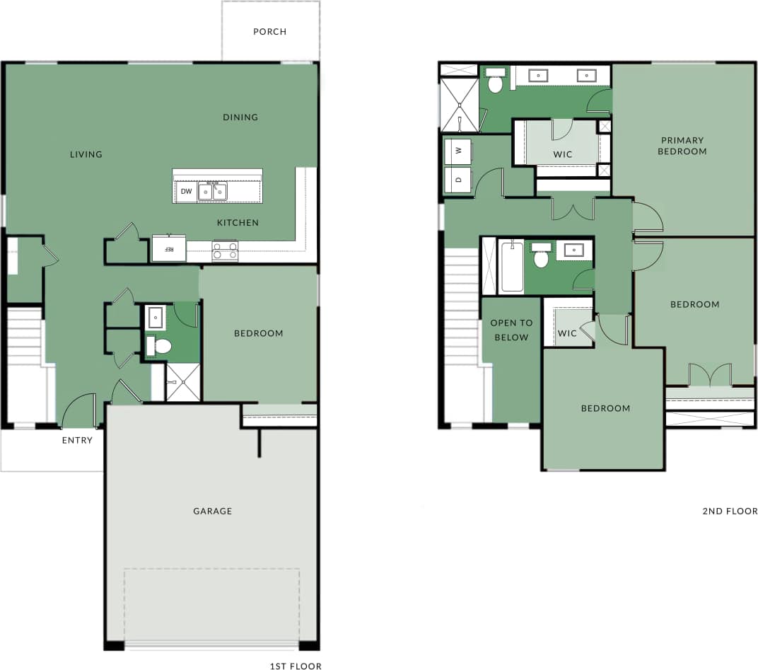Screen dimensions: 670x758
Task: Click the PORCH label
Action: (270, 32)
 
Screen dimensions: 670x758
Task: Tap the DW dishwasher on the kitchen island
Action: (186, 192)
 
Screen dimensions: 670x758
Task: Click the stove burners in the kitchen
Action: (225, 250)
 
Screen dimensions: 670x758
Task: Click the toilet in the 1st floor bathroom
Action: (161, 346)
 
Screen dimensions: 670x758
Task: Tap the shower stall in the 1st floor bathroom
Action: (183, 383)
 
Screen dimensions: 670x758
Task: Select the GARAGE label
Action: (212, 511)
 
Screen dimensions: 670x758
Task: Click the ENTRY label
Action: (76, 440)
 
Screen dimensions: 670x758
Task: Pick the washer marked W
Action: (458, 151)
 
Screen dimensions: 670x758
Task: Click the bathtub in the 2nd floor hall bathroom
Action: (511, 267)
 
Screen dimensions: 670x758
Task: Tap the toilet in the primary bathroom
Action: (496, 83)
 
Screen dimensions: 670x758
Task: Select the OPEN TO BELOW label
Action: (511, 330)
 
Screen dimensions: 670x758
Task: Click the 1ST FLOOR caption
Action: (296, 666)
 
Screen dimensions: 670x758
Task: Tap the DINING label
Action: (240, 117)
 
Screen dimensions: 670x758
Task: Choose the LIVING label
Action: (86, 154)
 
